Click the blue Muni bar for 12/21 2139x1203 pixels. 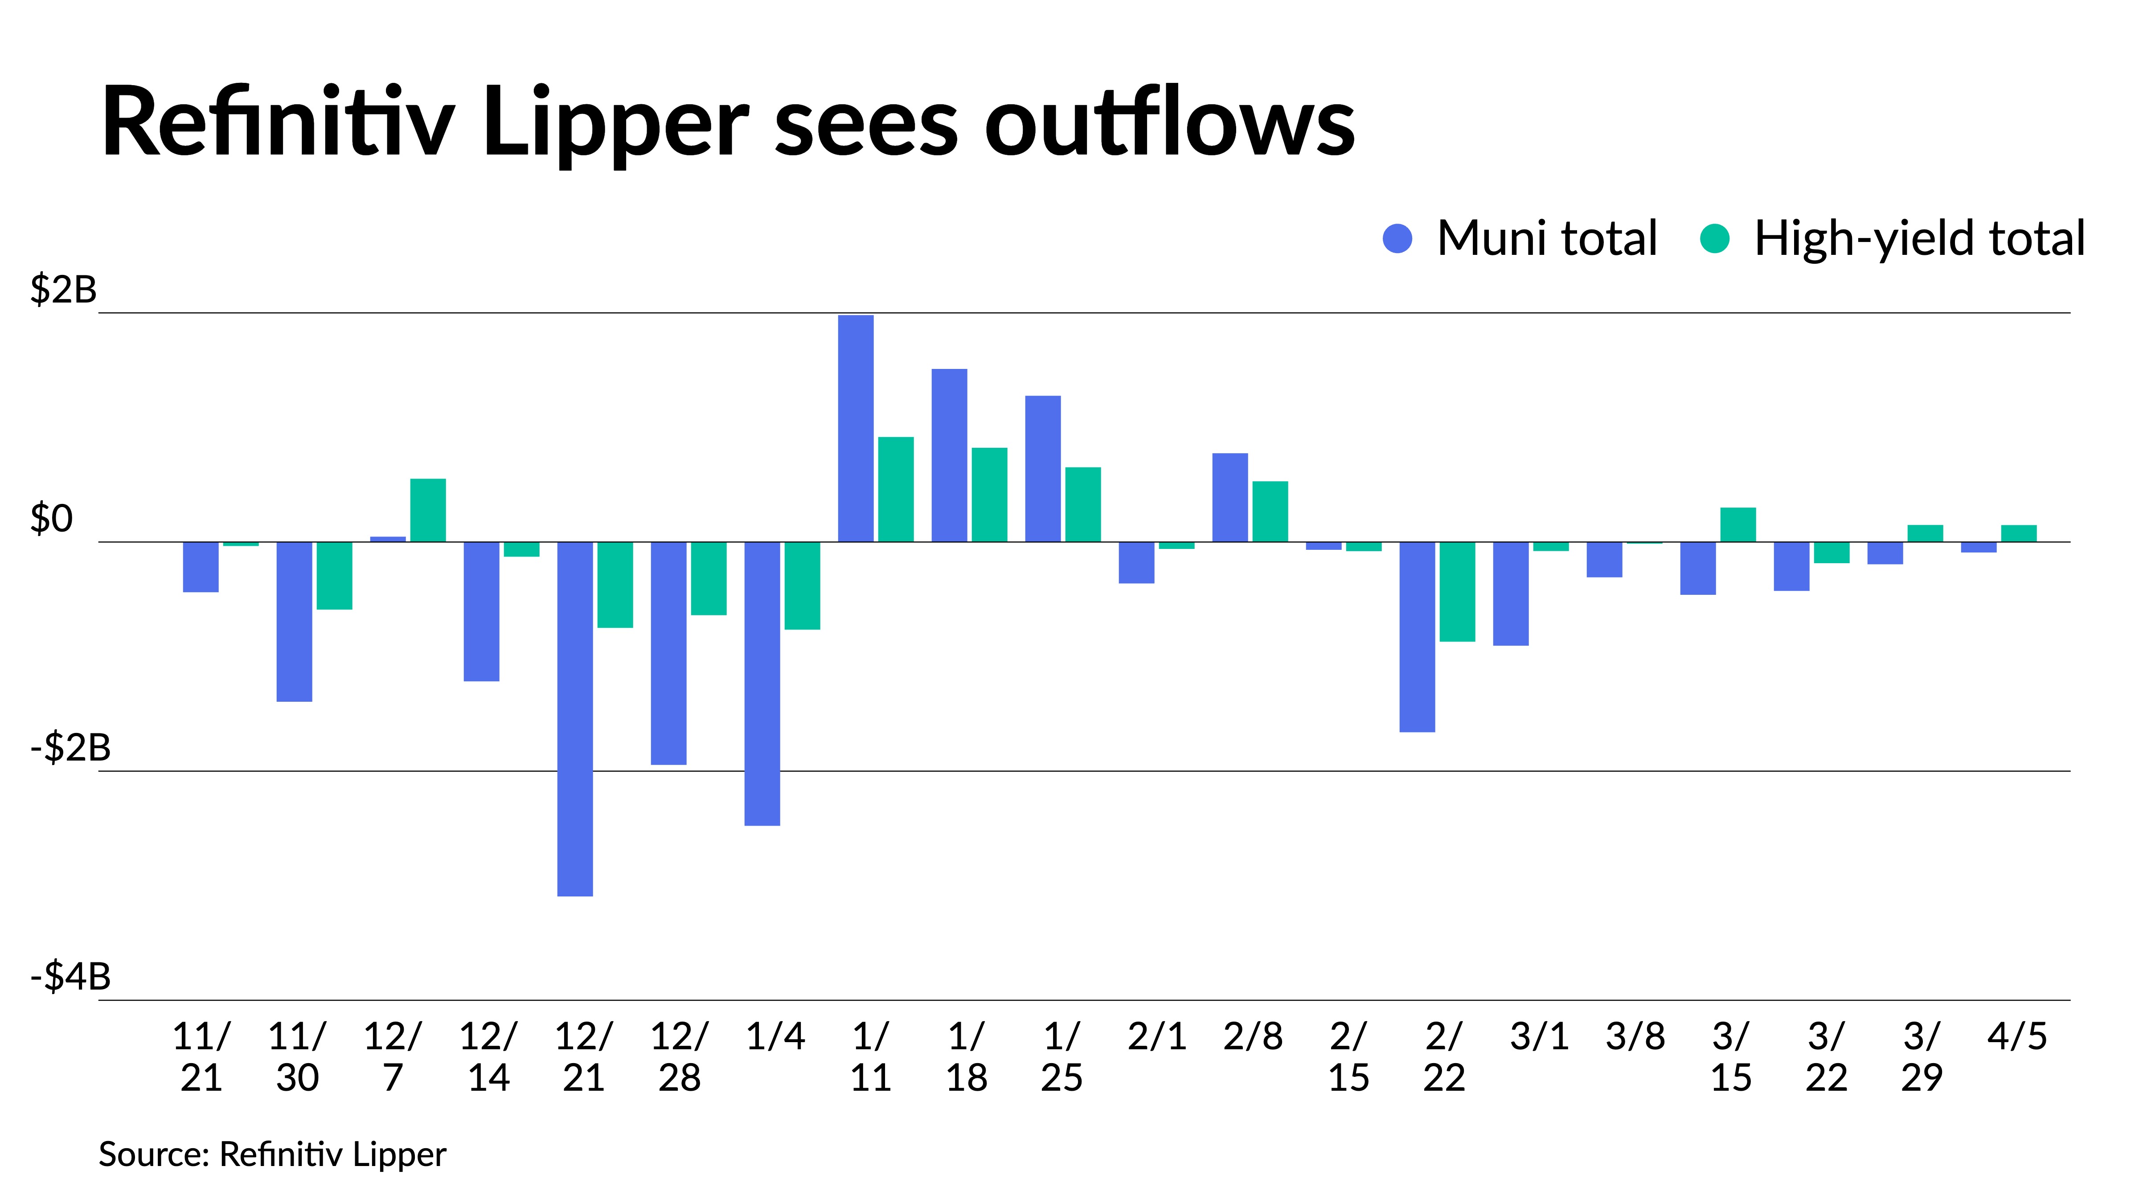click(574, 719)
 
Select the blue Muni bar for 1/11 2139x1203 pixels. click(855, 428)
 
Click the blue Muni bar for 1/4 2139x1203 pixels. click(762, 684)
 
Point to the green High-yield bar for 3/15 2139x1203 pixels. click(1738, 525)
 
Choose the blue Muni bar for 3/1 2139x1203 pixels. click(1510, 593)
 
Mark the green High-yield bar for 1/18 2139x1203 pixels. click(989, 495)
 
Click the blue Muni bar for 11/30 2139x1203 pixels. click(294, 622)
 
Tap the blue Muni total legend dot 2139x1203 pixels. click(1397, 239)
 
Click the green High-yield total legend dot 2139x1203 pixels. click(1715, 239)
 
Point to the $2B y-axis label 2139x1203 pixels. click(63, 290)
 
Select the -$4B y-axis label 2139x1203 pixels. click(70, 976)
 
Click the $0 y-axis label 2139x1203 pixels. click(52, 519)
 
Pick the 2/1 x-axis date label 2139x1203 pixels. click(1157, 1036)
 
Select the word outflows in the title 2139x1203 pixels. click(1169, 121)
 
